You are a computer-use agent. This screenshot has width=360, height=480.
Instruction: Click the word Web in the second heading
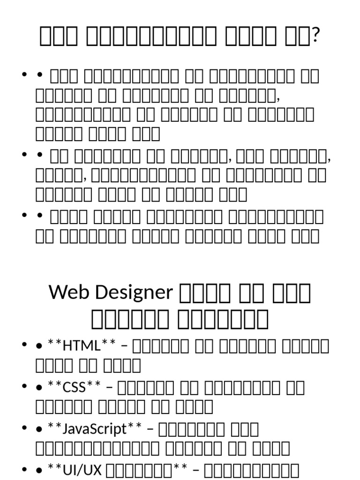click(x=67, y=292)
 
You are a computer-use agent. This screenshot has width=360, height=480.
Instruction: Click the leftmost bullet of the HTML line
click(x=23, y=346)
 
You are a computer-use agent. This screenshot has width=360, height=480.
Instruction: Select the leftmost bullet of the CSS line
click(x=23, y=388)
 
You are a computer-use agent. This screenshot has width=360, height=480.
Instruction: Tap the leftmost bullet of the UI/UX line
click(x=23, y=470)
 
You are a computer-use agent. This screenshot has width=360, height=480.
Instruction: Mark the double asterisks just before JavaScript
click(x=54, y=426)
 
